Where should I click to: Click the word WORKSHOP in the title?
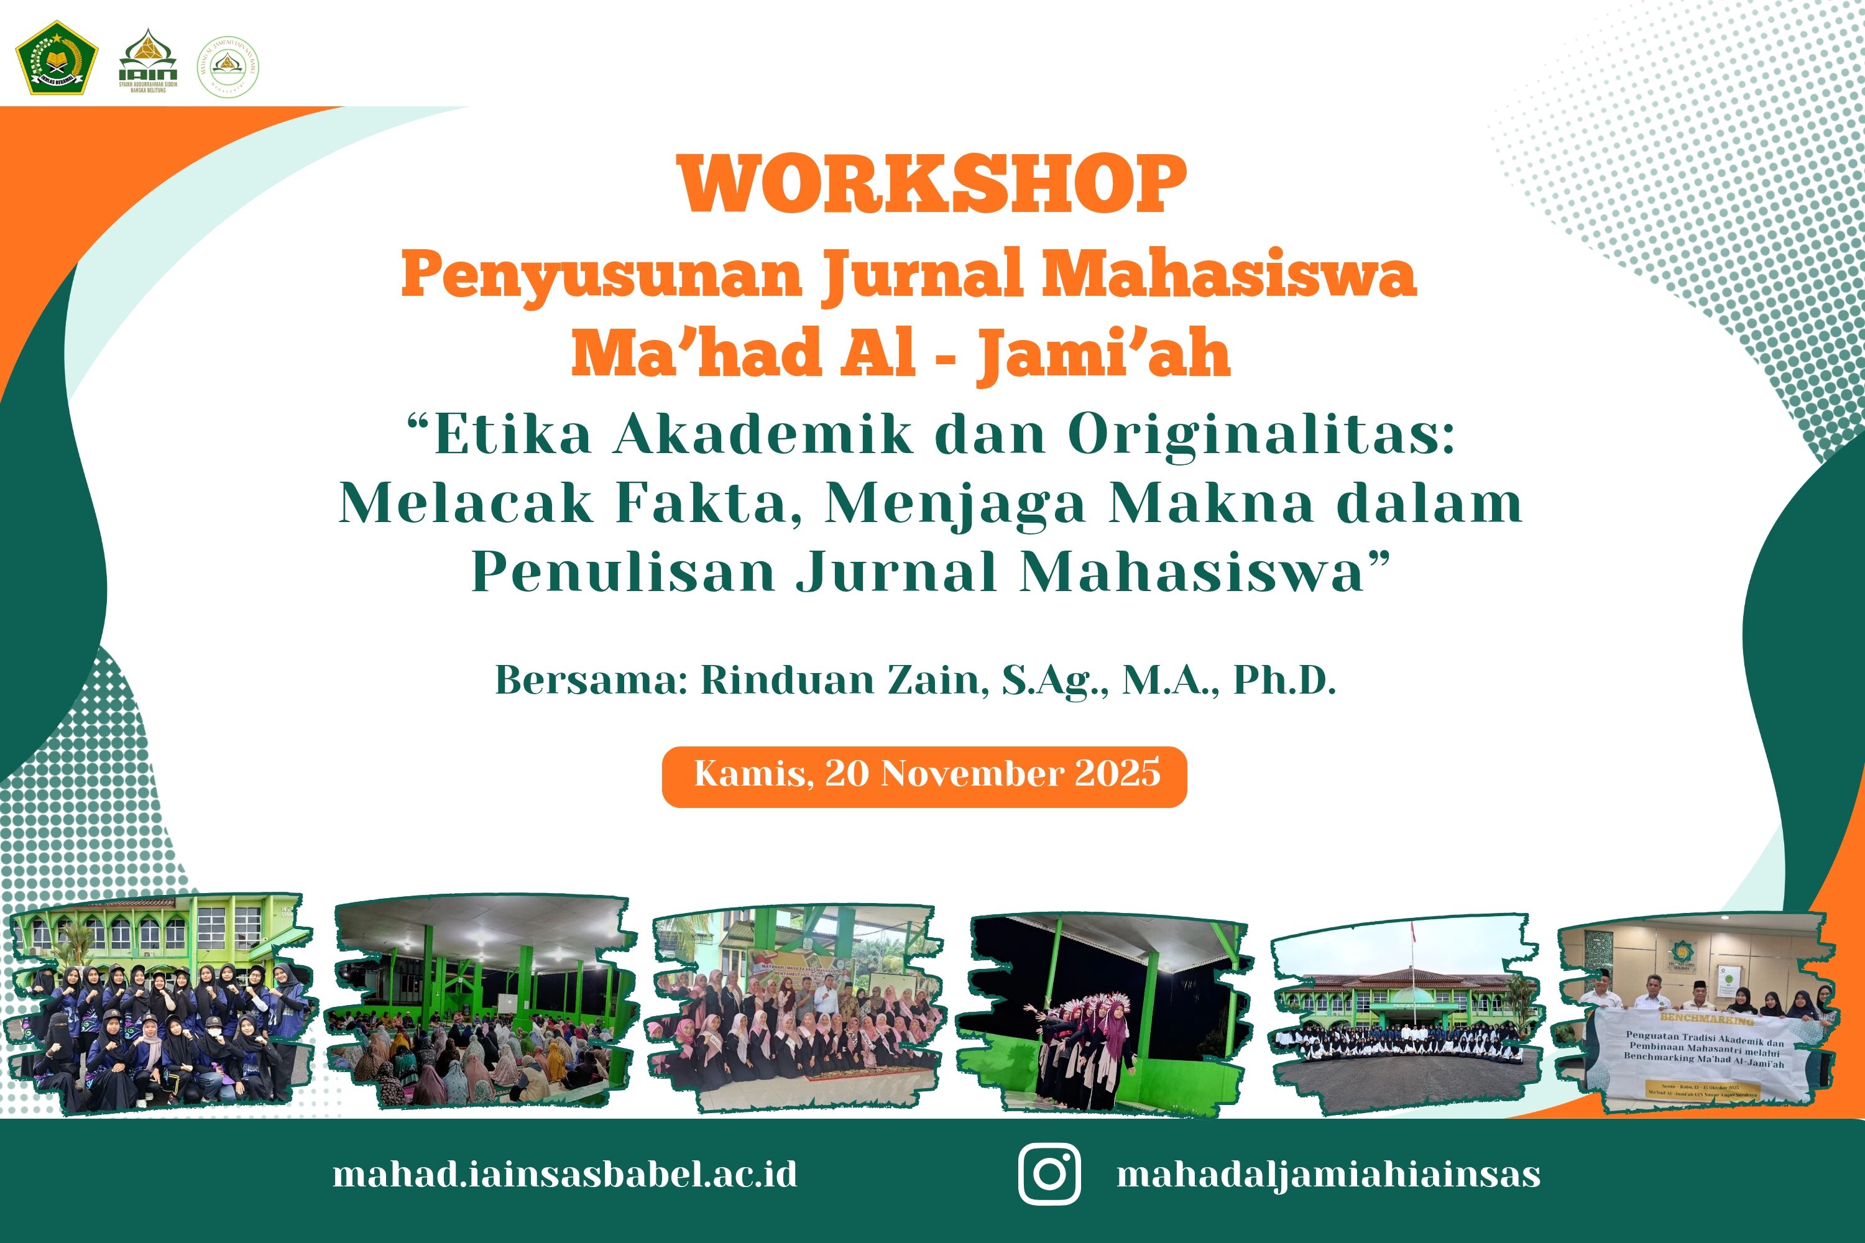click(932, 185)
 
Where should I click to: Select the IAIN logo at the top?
click(149, 60)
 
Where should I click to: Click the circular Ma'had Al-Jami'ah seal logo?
click(228, 67)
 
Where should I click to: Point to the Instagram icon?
click(1049, 1174)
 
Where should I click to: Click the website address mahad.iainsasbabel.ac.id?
click(564, 1174)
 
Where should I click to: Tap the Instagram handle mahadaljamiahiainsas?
click(1328, 1174)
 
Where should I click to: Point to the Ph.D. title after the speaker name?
click(1284, 680)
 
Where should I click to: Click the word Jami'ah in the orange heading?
click(1103, 354)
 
